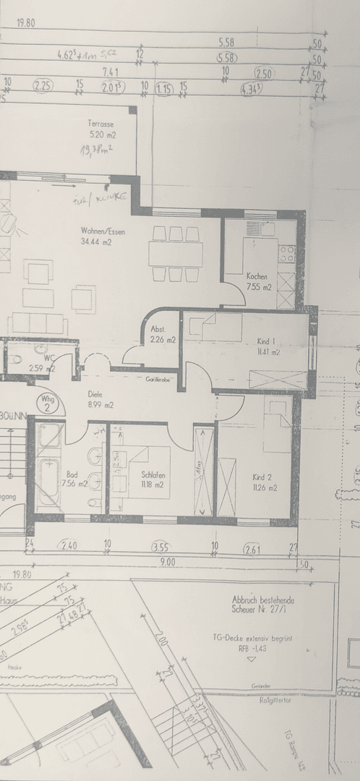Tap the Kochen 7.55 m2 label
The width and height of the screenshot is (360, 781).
click(x=258, y=282)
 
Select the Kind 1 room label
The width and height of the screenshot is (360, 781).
click(x=267, y=346)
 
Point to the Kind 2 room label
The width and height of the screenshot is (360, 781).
click(x=265, y=482)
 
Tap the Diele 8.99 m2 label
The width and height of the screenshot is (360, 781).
click(x=100, y=401)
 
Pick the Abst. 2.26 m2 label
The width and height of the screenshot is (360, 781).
click(x=162, y=334)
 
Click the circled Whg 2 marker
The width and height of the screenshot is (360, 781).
click(x=48, y=402)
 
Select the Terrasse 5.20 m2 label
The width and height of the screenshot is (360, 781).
click(x=102, y=129)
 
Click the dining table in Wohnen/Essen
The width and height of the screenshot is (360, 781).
click(x=176, y=254)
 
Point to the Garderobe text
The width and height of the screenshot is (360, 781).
click(x=157, y=378)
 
